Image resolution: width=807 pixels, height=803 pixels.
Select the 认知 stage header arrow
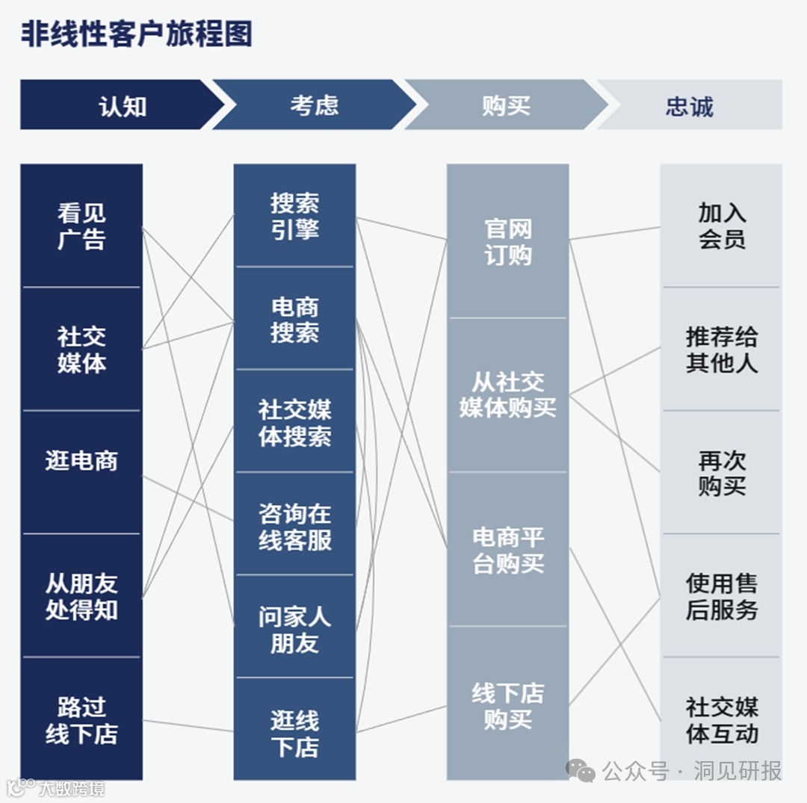[x=120, y=105]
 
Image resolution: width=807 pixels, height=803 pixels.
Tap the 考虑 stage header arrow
[x=314, y=105]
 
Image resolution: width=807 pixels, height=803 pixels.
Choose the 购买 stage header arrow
[x=505, y=105]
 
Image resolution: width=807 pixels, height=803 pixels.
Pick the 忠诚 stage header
[x=690, y=105]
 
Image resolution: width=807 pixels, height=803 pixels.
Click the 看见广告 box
[x=81, y=226]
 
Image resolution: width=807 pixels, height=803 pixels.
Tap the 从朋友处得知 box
[x=81, y=596]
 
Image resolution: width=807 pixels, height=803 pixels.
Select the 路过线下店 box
[x=81, y=719]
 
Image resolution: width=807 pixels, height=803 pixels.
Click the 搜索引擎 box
[x=294, y=216]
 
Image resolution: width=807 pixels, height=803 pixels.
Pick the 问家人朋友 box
[x=294, y=628]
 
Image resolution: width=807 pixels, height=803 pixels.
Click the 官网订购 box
[x=508, y=241]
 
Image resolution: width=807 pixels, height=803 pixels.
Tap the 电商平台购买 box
[x=508, y=550]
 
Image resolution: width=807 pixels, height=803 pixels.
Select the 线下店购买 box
[x=508, y=705]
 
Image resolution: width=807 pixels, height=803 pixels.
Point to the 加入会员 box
[x=721, y=226]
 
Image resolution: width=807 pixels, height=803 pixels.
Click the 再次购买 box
[x=721, y=472]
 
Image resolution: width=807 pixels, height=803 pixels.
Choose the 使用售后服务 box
[x=721, y=596]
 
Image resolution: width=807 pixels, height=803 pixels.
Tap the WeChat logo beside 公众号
[x=580, y=770]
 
